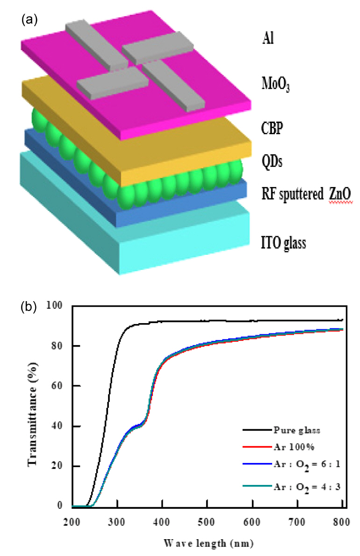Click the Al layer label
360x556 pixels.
tap(267, 39)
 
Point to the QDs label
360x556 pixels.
tap(272, 162)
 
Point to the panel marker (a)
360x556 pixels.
tap(29, 20)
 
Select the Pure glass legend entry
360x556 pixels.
tap(295, 429)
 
